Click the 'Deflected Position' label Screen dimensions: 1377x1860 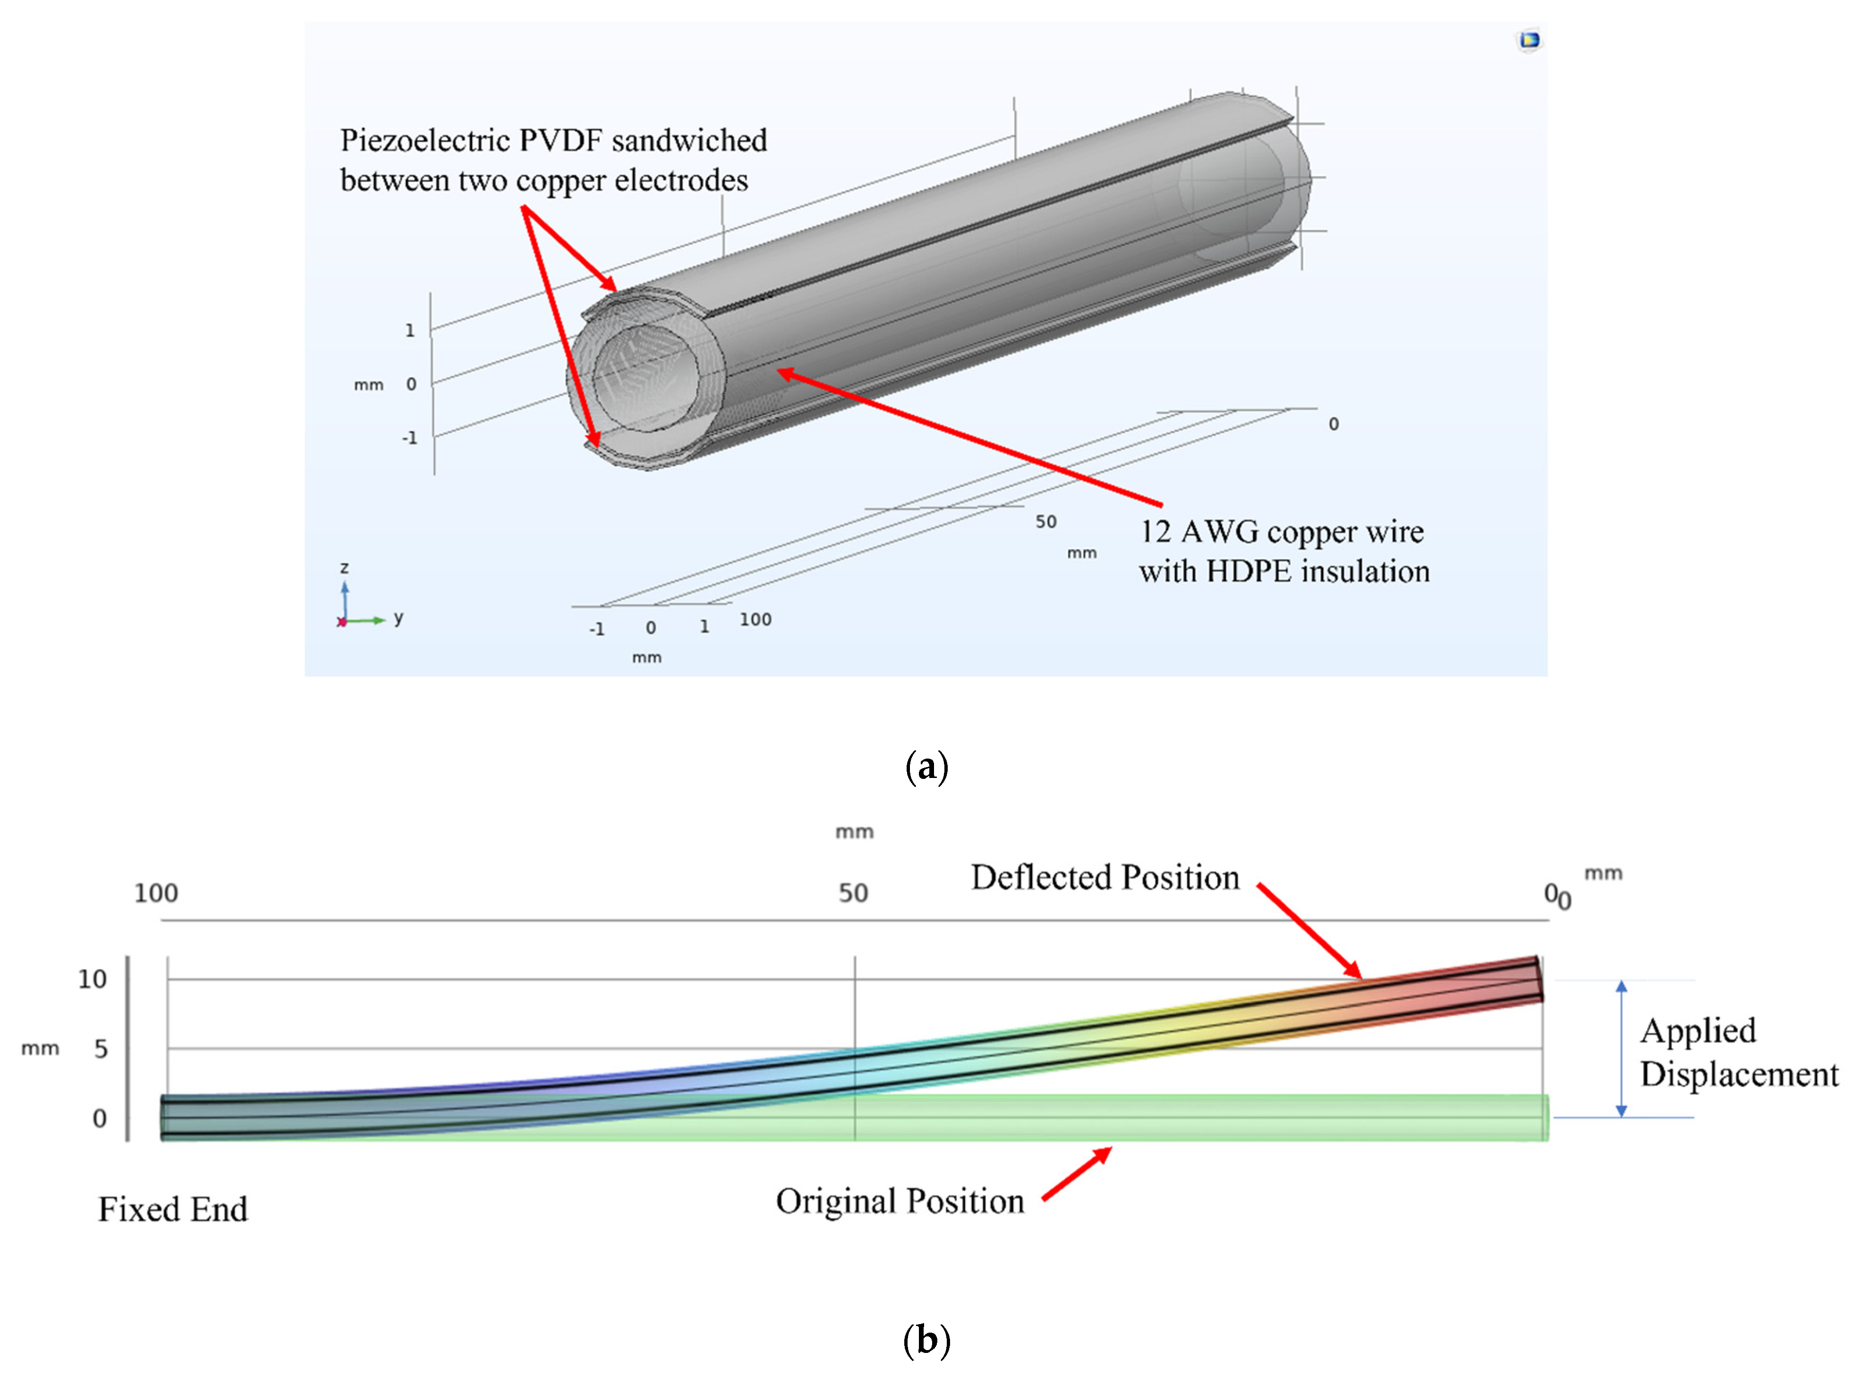pyautogui.click(x=1104, y=878)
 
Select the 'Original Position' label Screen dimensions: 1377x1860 pyautogui.click(x=900, y=1201)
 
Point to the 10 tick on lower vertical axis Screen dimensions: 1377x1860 pyautogui.click(x=93, y=980)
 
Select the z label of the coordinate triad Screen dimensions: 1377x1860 pyautogui.click(x=344, y=567)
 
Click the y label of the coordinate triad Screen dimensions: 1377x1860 pyautogui.click(x=399, y=617)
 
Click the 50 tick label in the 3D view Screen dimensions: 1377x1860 pyautogui.click(x=1045, y=522)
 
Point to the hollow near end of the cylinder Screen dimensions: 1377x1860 pyautogui.click(x=646, y=379)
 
